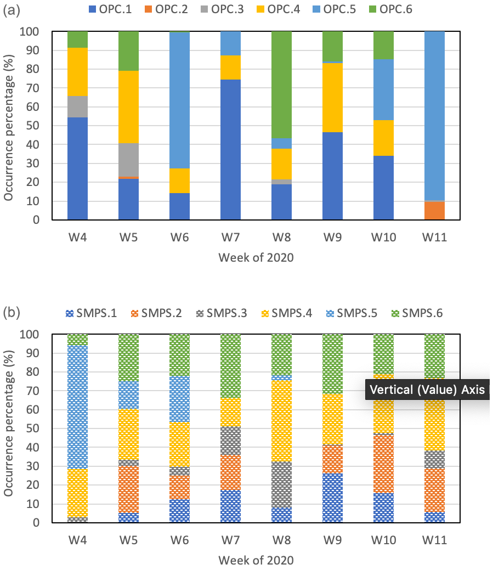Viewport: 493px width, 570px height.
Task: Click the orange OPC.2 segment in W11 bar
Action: pyautogui.click(x=434, y=211)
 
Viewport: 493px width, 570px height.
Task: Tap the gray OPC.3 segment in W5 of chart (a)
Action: pyautogui.click(x=129, y=160)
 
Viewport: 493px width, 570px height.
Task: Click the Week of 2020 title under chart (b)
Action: pyautogui.click(x=256, y=561)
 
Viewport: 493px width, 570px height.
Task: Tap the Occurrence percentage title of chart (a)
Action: pyautogui.click(x=9, y=126)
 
